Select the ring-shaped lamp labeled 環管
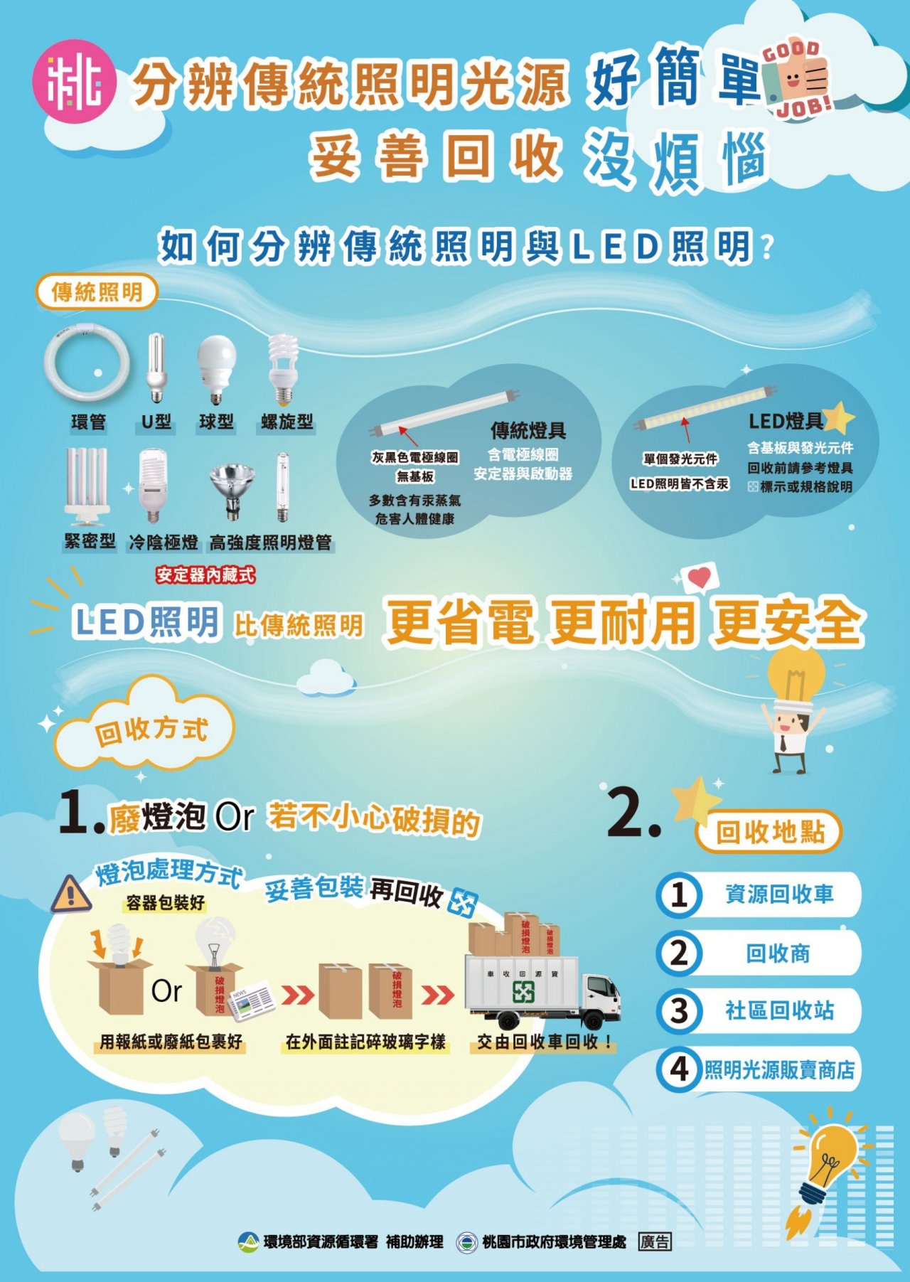pyautogui.click(x=87, y=365)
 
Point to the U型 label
pyautogui.click(x=156, y=422)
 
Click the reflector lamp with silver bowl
pyautogui.click(x=232, y=489)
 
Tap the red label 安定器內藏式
pyautogui.click(x=205, y=575)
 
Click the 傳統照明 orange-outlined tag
pyautogui.click(x=97, y=292)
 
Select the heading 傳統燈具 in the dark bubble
pyautogui.click(x=528, y=430)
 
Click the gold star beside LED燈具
pyautogui.click(x=839, y=418)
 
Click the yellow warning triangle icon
pyautogui.click(x=70, y=894)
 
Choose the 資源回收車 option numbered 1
pyautogui.click(x=758, y=894)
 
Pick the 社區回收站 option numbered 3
pyautogui.click(x=758, y=1010)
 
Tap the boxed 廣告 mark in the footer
pyautogui.click(x=655, y=1241)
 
